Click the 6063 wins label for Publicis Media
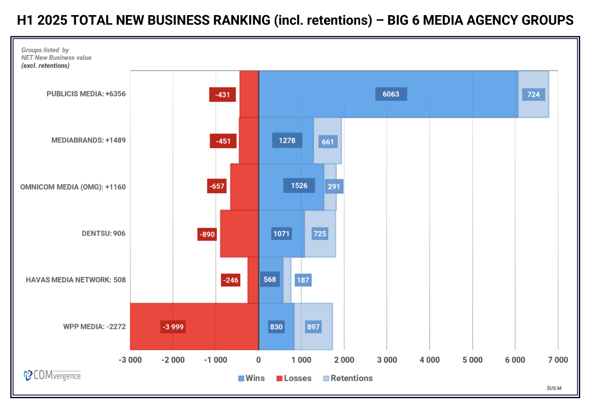391,94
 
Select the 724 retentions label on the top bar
533,95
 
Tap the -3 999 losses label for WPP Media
173,327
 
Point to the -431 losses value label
222,95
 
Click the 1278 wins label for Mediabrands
287,141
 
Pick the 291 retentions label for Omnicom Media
334,187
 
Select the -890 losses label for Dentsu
207,234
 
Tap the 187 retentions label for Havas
303,280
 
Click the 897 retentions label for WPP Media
313,327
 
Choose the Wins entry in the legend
251,378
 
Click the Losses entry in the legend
294,378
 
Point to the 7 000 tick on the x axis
558,360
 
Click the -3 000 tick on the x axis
130,360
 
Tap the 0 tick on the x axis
258,360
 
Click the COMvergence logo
52,375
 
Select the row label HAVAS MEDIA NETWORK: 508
76,280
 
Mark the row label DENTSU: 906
103,234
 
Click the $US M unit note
554,388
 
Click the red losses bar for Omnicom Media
244,187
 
